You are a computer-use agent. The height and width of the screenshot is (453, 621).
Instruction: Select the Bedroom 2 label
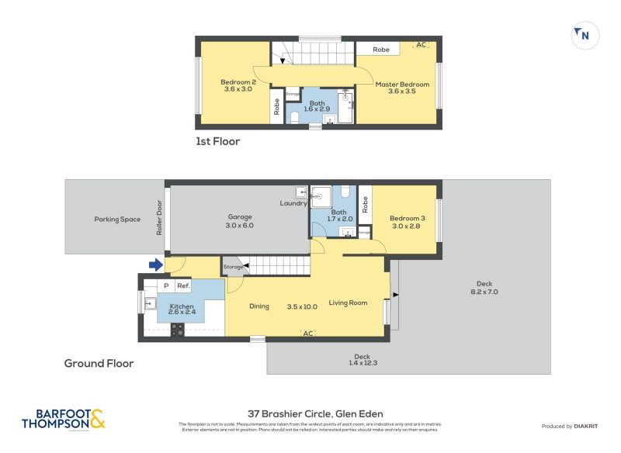(238, 82)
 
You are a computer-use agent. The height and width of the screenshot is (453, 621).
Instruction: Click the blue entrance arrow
(156, 265)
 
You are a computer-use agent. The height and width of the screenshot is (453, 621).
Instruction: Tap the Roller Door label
(159, 220)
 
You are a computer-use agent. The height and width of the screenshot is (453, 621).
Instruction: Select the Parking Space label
(117, 220)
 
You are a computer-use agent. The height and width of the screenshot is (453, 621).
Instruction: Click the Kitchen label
(182, 306)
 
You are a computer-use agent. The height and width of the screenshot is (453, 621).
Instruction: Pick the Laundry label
(293, 203)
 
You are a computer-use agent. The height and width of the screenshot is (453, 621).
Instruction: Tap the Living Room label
(348, 303)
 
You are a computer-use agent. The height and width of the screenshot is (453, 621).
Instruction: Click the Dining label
(259, 306)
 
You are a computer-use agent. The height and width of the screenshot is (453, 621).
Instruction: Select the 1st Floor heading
(217, 141)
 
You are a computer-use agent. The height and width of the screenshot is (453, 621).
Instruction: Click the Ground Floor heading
(99, 363)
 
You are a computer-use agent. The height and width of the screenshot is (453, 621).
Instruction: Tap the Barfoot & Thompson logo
(64, 420)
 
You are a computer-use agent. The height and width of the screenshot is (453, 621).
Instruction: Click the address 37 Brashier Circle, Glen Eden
(315, 413)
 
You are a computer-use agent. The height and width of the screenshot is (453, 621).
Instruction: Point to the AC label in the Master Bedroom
(422, 45)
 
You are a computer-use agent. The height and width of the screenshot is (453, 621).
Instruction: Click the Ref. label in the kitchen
(183, 286)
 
